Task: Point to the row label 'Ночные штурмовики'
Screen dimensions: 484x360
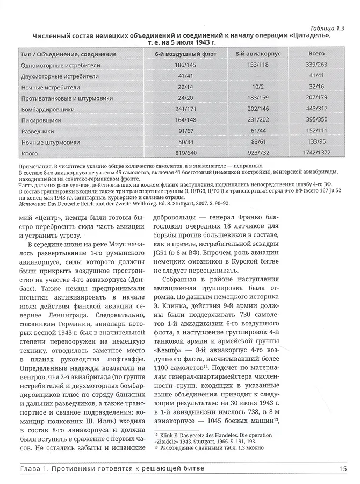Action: click(x=50, y=143)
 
